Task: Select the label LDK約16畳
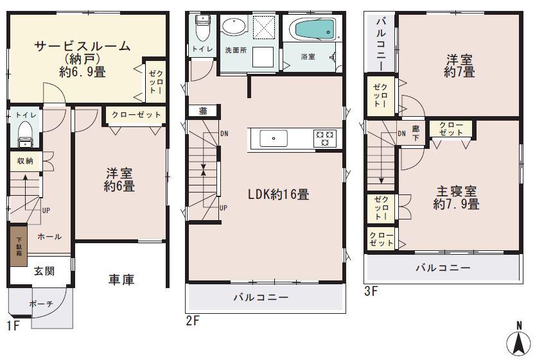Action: [x=279, y=194]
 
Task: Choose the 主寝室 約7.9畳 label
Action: [x=456, y=198]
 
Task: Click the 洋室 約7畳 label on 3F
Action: [x=459, y=65]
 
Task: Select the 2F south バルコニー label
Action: [x=260, y=297]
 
